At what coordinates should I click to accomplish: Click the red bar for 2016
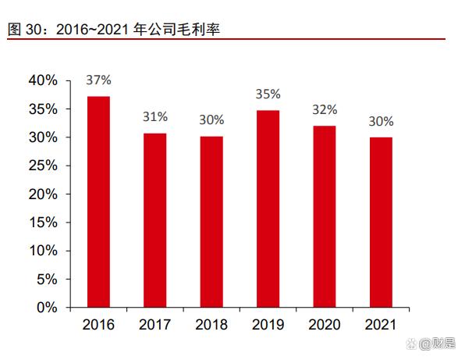98,201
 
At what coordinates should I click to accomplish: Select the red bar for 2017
154,220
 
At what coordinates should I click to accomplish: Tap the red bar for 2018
211,222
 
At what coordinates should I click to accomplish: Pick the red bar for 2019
268,209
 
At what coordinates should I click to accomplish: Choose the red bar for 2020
325,216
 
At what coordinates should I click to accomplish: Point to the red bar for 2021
381,222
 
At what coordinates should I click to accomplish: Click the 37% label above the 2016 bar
98,80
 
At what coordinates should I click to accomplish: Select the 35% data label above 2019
268,94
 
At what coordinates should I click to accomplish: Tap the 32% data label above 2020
325,109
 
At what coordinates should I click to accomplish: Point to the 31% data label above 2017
154,117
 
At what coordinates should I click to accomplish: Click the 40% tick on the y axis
42,80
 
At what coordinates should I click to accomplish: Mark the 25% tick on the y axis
42,166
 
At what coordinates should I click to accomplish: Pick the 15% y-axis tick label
42,223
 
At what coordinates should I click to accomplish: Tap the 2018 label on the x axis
211,324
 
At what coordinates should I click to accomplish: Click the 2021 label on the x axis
381,324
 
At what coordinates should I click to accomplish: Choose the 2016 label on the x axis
98,324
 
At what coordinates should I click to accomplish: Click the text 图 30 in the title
23,29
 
